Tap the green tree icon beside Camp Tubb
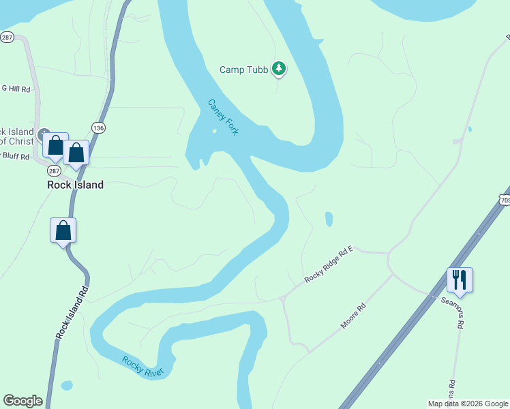coord(278,68)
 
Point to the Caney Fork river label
coord(223,117)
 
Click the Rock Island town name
coord(75,185)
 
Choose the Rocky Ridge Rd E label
coord(329,264)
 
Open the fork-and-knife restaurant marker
coord(460,279)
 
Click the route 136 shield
coord(99,127)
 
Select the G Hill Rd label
coord(16,89)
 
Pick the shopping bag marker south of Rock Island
coord(63,230)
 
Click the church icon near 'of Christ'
coord(44,134)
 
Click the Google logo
coord(22,401)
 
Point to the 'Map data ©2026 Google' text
coord(468,404)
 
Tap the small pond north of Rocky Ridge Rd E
coord(329,219)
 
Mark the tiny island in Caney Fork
coord(214,132)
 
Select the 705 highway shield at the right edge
coord(505,200)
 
